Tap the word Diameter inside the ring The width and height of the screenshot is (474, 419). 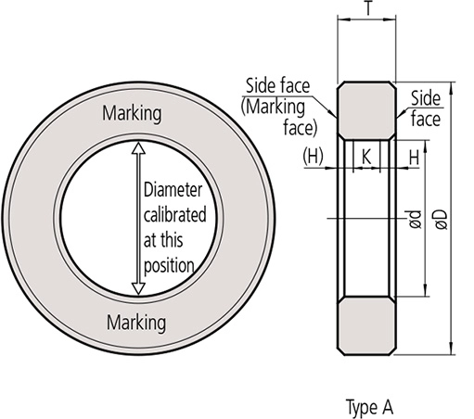click(174, 190)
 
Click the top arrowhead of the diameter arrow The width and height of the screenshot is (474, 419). click(138, 147)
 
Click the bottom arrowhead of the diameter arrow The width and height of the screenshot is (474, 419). click(138, 288)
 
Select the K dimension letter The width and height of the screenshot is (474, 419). click(368, 158)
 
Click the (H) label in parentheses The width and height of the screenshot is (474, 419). click(313, 158)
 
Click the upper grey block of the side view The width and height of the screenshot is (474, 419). click(369, 109)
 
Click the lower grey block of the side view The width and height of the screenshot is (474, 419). click(369, 324)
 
